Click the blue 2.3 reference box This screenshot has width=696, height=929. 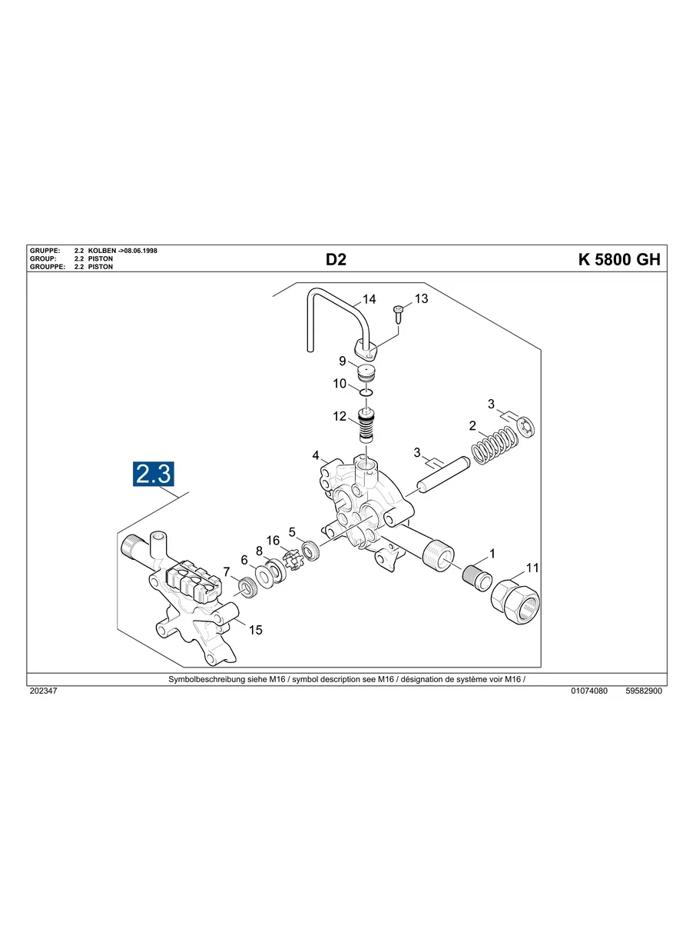[x=154, y=474]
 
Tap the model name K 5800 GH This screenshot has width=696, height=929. [x=618, y=260]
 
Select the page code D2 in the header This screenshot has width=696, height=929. [x=336, y=260]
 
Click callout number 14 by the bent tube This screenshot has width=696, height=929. [x=370, y=299]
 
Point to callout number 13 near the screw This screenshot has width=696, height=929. [x=421, y=298]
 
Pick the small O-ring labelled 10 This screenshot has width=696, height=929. [x=368, y=393]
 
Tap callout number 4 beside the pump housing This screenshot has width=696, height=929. [x=316, y=455]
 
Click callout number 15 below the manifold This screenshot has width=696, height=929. [x=255, y=630]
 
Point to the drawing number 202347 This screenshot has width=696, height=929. [x=43, y=691]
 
